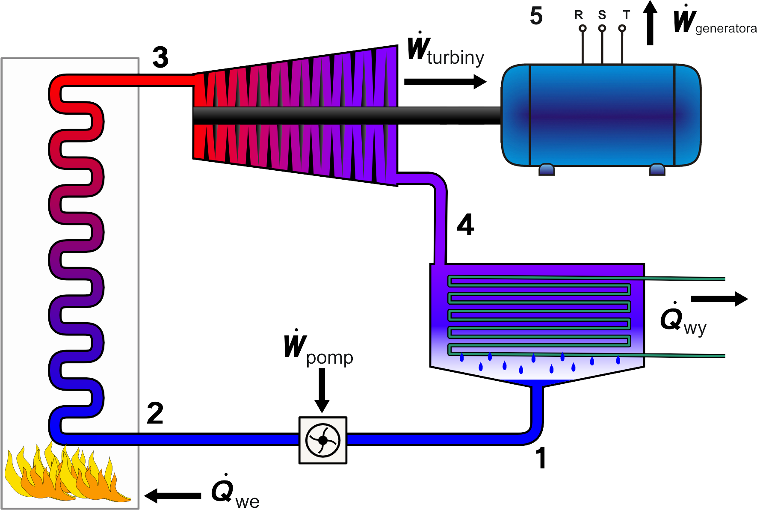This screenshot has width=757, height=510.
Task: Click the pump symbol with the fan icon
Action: pos(323,440)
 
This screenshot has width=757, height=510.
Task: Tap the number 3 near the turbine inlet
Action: pos(160,57)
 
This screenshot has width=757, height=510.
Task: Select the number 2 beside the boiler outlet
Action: pos(155,412)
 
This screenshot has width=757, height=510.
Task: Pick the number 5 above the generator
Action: pos(536,16)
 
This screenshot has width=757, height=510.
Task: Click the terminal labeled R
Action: pos(582,29)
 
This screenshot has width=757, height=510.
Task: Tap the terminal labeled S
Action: pos(602,29)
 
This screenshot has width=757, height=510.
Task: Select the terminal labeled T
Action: pos(622,29)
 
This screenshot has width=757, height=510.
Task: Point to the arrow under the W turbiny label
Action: pos(445,82)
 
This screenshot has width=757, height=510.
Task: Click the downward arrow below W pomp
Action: pos(322,390)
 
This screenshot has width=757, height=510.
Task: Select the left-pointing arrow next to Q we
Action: pos(173,496)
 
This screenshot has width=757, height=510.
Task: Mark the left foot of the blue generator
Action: pos(547,169)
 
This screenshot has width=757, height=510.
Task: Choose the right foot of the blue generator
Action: pos(657,169)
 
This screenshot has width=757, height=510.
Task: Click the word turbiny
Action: pos(455,57)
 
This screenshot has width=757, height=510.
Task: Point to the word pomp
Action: pos(330,358)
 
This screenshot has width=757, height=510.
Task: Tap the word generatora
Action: pos(725,29)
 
